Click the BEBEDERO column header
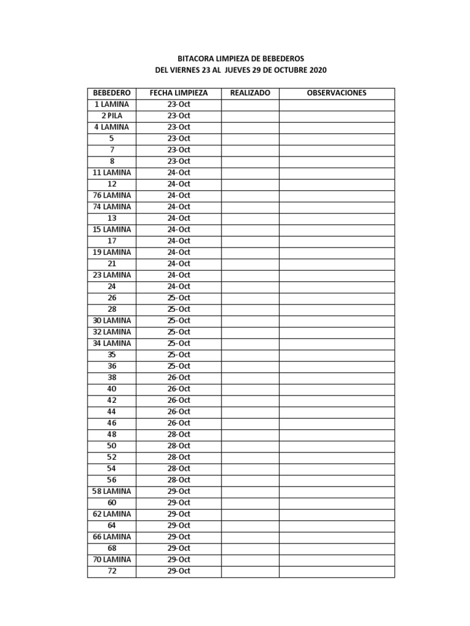111,93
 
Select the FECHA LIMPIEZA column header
179,93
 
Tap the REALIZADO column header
250,93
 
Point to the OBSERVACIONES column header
337,93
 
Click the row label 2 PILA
111,116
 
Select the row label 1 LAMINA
111,105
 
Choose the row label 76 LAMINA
111,195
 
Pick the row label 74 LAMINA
111,207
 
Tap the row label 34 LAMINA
111,343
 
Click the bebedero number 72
111,571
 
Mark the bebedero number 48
111,434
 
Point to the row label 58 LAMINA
111,491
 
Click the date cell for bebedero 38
179,377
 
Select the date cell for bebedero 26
179,298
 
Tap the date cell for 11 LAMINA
179,172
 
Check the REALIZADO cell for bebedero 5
250,138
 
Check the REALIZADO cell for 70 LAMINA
250,559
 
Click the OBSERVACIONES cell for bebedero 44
337,411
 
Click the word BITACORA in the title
194,59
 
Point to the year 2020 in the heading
318,70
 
